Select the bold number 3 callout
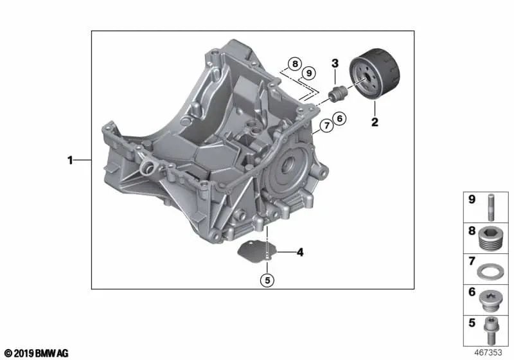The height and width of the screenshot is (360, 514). pyautogui.click(x=335, y=62)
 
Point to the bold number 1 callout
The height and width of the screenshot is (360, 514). pyautogui.click(x=71, y=160)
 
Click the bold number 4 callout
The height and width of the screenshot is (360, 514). pyautogui.click(x=299, y=253)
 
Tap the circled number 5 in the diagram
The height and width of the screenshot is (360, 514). pyautogui.click(x=267, y=279)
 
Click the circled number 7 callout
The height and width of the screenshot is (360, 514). pyautogui.click(x=326, y=126)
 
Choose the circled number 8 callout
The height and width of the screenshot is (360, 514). pyautogui.click(x=294, y=64)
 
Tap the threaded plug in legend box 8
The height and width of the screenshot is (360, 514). pyautogui.click(x=490, y=236)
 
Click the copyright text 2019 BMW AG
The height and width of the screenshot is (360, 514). pyautogui.click(x=36, y=353)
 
